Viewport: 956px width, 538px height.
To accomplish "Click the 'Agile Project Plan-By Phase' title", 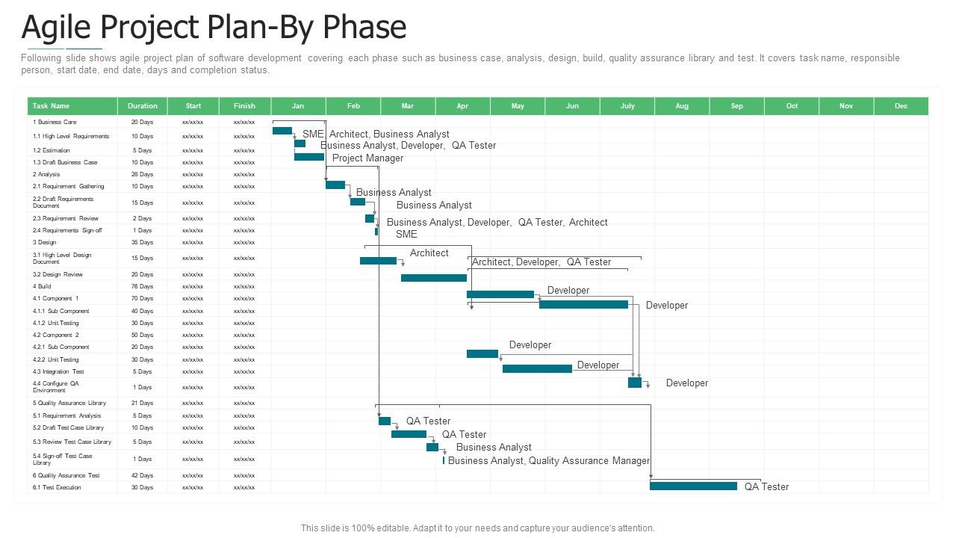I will tap(214, 28).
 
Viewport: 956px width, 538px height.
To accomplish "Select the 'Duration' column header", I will tap(142, 106).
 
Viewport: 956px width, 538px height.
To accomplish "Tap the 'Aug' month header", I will tap(682, 106).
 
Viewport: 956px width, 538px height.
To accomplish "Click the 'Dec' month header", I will tap(901, 106).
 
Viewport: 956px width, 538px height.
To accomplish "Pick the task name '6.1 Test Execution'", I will tap(57, 487).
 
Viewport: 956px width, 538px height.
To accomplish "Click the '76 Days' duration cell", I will tap(142, 286).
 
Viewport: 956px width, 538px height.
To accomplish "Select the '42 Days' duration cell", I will tap(142, 475).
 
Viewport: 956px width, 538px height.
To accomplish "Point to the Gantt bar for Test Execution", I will tap(693, 486).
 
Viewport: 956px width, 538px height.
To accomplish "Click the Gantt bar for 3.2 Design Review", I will tap(433, 278).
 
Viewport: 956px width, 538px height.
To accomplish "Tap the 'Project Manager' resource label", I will tap(367, 158).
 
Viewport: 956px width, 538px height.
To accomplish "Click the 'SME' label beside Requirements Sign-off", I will tap(406, 234).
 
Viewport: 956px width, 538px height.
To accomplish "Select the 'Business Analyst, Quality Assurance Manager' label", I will tap(549, 461).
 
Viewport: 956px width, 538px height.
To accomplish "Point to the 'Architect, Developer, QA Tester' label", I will tap(541, 262).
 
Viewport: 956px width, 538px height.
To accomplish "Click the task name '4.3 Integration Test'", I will tap(58, 371).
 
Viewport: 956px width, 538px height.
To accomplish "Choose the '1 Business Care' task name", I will tap(55, 122).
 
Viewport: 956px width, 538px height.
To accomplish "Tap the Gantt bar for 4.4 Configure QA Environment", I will tap(635, 383).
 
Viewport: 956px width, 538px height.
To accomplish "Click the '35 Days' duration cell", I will tap(142, 242).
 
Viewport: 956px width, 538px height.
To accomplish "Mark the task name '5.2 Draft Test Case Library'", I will tap(68, 427).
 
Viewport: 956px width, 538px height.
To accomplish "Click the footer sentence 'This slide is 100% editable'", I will tap(478, 528).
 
